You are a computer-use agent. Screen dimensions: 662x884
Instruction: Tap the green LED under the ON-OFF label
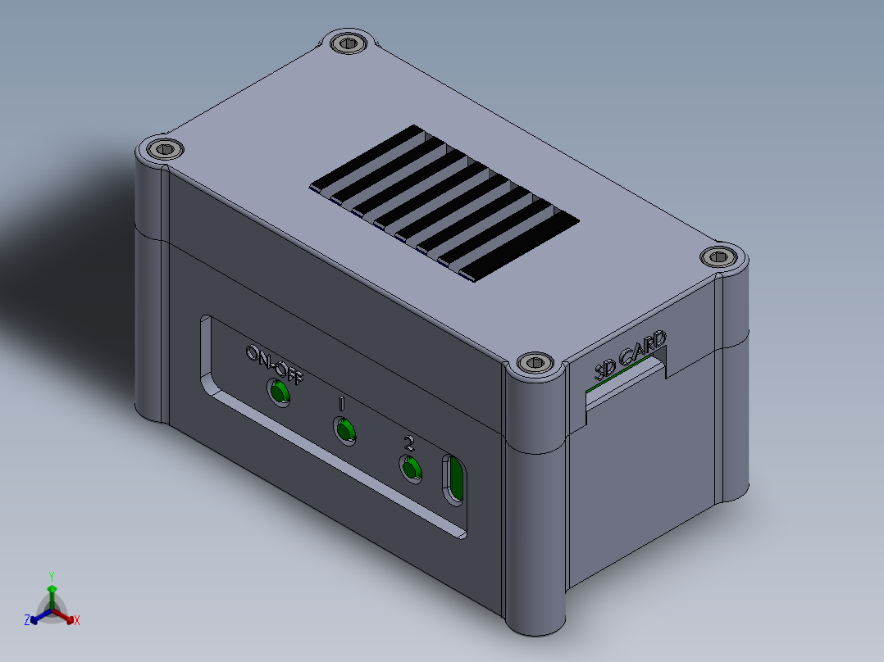point(280,393)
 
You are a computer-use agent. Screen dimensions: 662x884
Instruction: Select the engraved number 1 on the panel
point(341,403)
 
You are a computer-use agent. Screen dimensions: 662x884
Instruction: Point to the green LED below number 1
point(345,430)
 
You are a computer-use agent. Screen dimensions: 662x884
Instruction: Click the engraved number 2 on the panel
point(409,444)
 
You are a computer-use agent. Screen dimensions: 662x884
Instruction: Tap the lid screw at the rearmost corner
point(351,43)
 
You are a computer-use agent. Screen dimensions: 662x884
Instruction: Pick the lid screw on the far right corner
point(720,256)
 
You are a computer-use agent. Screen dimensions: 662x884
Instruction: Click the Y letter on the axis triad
point(52,575)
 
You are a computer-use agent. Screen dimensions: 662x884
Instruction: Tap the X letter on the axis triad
point(77,621)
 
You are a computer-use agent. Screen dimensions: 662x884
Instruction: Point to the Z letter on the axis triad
point(27,621)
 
